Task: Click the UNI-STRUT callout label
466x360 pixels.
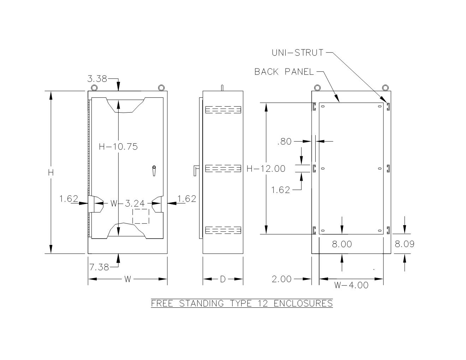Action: pyautogui.click(x=297, y=53)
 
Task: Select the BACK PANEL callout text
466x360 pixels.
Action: pyautogui.click(x=284, y=72)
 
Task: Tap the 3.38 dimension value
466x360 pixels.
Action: pyautogui.click(x=97, y=79)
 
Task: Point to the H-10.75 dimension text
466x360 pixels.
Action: pyautogui.click(x=118, y=147)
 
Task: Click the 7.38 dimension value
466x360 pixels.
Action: pyautogui.click(x=99, y=267)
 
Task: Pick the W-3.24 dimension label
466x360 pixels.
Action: pyautogui.click(x=127, y=203)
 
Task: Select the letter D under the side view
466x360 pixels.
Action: pyautogui.click(x=223, y=279)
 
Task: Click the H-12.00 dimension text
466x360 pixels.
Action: pyautogui.click(x=266, y=169)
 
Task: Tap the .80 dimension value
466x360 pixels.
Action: pyautogui.click(x=285, y=142)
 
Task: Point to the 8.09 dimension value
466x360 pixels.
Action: pyautogui.click(x=405, y=244)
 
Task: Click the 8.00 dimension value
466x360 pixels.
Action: pyautogui.click(x=342, y=244)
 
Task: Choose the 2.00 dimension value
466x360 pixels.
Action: pyautogui.click(x=282, y=279)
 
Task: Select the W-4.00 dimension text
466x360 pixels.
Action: pyautogui.click(x=351, y=285)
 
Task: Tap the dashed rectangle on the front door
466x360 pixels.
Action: pyautogui.click(x=141, y=216)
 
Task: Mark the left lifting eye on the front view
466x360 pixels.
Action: pyautogui.click(x=94, y=88)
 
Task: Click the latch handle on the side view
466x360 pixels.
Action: pyautogui.click(x=196, y=170)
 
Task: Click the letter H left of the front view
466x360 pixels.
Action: pyautogui.click(x=51, y=173)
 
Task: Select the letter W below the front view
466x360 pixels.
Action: pyautogui.click(x=127, y=279)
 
